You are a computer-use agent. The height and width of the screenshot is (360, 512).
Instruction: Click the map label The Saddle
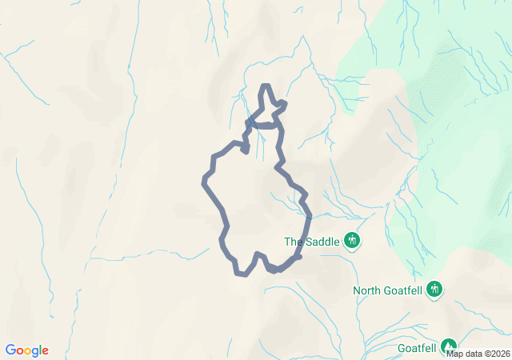tap(313, 241)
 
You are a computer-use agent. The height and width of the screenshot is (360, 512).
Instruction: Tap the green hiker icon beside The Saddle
tap(351, 240)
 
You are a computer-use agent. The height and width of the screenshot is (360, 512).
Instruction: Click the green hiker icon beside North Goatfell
tap(434, 289)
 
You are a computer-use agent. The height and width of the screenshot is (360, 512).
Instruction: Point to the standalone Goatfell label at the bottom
tap(417, 348)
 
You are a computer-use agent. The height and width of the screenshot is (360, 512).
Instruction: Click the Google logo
tap(27, 350)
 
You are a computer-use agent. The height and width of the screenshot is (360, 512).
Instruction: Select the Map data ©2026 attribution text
tap(478, 354)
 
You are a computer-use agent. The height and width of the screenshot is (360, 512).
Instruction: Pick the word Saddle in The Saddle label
tap(322, 241)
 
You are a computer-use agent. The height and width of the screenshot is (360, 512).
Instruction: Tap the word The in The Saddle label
tap(294, 241)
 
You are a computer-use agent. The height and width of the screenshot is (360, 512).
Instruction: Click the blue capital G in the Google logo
tap(10, 350)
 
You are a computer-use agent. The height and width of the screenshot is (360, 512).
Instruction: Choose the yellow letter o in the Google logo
tap(29, 351)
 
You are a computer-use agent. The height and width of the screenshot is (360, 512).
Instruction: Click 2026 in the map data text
tap(499, 354)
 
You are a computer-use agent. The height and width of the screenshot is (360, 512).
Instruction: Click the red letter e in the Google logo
tap(45, 351)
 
